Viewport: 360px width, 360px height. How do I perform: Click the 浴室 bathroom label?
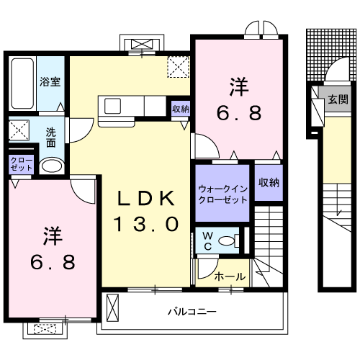coord(50,81)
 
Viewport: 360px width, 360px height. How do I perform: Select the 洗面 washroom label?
coord(52,137)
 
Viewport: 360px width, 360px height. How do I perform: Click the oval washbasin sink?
coord(51,166)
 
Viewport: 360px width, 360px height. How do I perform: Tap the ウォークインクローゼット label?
coord(222,194)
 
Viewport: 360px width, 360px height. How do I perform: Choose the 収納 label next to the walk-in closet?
coord(268,183)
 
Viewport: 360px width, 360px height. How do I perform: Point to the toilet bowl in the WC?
coord(228,241)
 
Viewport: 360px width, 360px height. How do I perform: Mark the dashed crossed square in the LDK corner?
coord(177,67)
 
